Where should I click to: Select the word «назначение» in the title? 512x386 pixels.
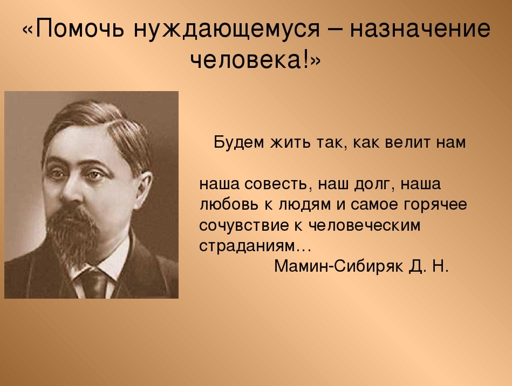[x=420, y=29]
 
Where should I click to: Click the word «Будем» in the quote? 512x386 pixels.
[x=238, y=142]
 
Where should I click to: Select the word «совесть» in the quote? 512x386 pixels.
[x=276, y=184]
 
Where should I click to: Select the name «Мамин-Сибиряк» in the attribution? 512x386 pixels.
[x=339, y=266]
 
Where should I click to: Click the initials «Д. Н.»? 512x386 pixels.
[x=429, y=267]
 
